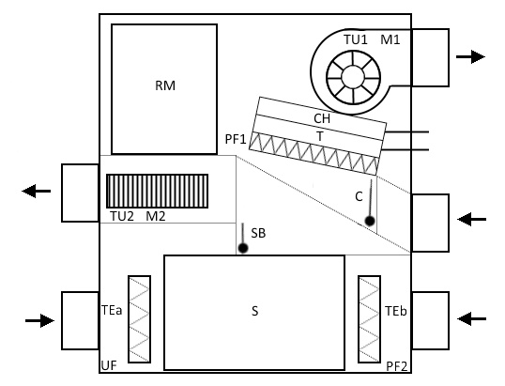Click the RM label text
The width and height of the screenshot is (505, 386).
pyautogui.click(x=165, y=85)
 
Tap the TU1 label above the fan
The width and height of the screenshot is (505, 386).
pyautogui.click(x=356, y=39)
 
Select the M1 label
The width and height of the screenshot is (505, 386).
pyautogui.click(x=390, y=39)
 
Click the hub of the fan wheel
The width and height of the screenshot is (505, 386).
pyautogui.click(x=353, y=77)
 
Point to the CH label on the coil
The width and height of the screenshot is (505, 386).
pyautogui.click(x=322, y=118)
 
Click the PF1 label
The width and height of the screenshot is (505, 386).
pyautogui.click(x=236, y=139)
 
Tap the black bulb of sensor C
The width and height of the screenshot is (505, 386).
pyautogui.click(x=370, y=222)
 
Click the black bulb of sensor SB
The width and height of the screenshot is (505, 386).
pyautogui.click(x=243, y=249)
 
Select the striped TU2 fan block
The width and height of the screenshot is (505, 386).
pyautogui.click(x=157, y=191)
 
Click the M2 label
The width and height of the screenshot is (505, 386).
pyautogui.click(x=156, y=216)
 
